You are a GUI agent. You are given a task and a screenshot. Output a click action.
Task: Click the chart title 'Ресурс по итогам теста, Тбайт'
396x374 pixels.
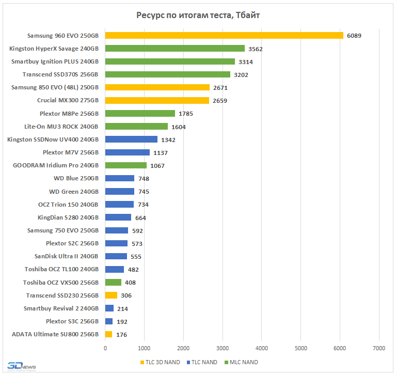(x=198, y=15)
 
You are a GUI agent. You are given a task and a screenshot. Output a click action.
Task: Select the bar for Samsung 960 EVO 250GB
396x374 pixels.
(x=224, y=36)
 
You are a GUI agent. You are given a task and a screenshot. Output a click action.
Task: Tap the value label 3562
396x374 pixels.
(x=257, y=49)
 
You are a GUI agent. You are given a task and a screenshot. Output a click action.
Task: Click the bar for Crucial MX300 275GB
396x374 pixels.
(x=157, y=100)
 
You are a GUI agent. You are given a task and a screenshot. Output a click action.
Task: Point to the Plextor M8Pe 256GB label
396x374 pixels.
(x=69, y=113)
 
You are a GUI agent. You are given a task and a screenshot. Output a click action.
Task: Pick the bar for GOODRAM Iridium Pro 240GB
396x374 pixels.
(x=125, y=165)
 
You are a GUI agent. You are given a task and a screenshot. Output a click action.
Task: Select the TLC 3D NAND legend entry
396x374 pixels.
(x=160, y=362)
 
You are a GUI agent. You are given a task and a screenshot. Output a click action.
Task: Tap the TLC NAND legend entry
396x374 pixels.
(x=202, y=362)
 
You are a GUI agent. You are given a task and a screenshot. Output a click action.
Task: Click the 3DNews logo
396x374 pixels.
(x=21, y=365)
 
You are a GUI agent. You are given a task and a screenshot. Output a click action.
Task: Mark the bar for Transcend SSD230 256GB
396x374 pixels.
(x=111, y=295)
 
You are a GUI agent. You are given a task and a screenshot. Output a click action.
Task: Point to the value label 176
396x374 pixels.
(x=122, y=334)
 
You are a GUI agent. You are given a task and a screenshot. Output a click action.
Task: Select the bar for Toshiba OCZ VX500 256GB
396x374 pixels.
(x=113, y=282)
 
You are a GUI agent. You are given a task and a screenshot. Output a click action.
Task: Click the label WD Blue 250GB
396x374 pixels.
(x=76, y=178)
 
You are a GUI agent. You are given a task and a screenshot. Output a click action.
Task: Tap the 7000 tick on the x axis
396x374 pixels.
(x=379, y=348)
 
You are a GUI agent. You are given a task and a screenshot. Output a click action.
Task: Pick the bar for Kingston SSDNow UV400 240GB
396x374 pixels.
(x=131, y=139)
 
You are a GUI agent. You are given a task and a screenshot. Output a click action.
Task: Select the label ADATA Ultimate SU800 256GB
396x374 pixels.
(x=55, y=334)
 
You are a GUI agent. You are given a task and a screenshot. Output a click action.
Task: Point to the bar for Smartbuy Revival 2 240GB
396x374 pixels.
(x=109, y=308)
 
